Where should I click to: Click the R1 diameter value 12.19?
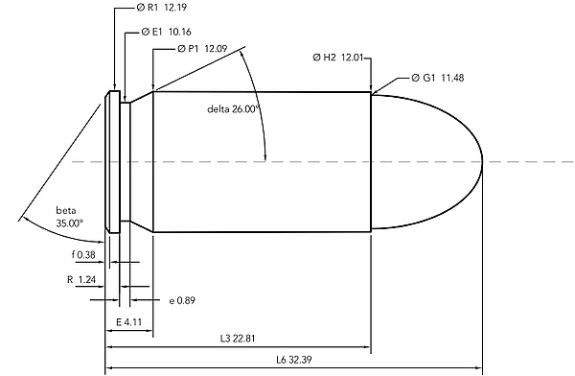pos(175,8)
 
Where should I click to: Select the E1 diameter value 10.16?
pos(180,32)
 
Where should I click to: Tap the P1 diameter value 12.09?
pos(216,49)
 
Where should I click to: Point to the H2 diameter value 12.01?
pos(352,58)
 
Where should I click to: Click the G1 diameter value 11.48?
pos(452,78)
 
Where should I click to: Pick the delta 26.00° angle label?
pos(233,109)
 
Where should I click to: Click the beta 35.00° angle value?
pos(70,223)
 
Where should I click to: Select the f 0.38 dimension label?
pos(83,254)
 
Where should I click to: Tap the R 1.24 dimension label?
pos(81,280)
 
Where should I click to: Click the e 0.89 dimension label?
pos(182,301)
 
